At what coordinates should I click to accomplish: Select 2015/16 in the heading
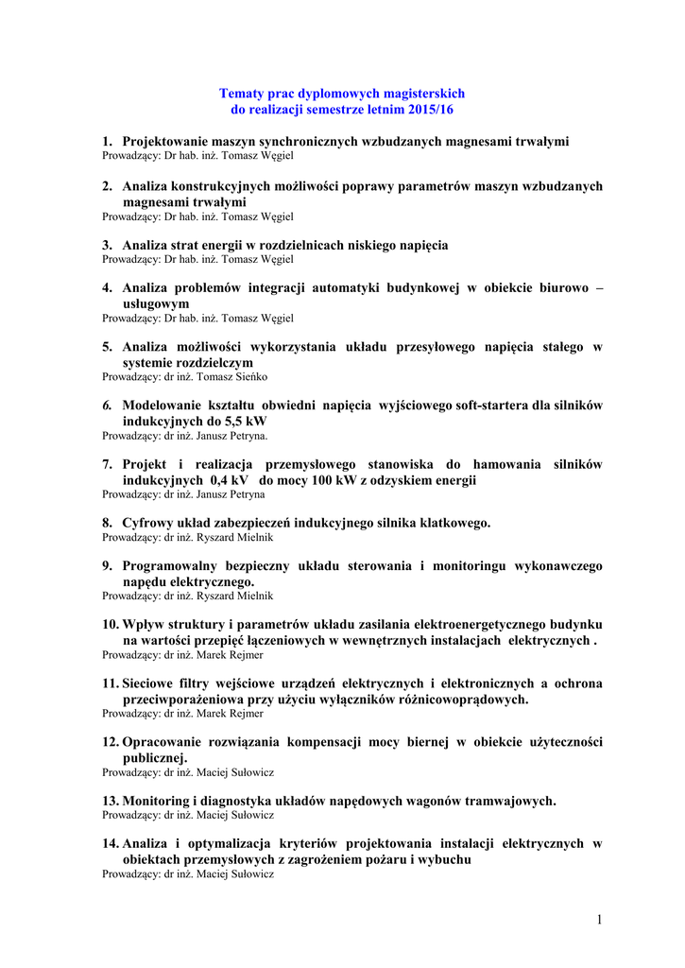[x=431, y=110]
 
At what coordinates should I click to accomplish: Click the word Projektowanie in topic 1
[x=165, y=141]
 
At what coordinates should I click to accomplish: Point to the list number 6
[x=107, y=406]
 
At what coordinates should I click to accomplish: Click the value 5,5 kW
[x=244, y=421]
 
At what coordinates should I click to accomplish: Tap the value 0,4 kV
[x=229, y=480]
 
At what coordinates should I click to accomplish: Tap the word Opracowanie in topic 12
[x=163, y=742]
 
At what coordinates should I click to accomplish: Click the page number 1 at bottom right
[x=599, y=920]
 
